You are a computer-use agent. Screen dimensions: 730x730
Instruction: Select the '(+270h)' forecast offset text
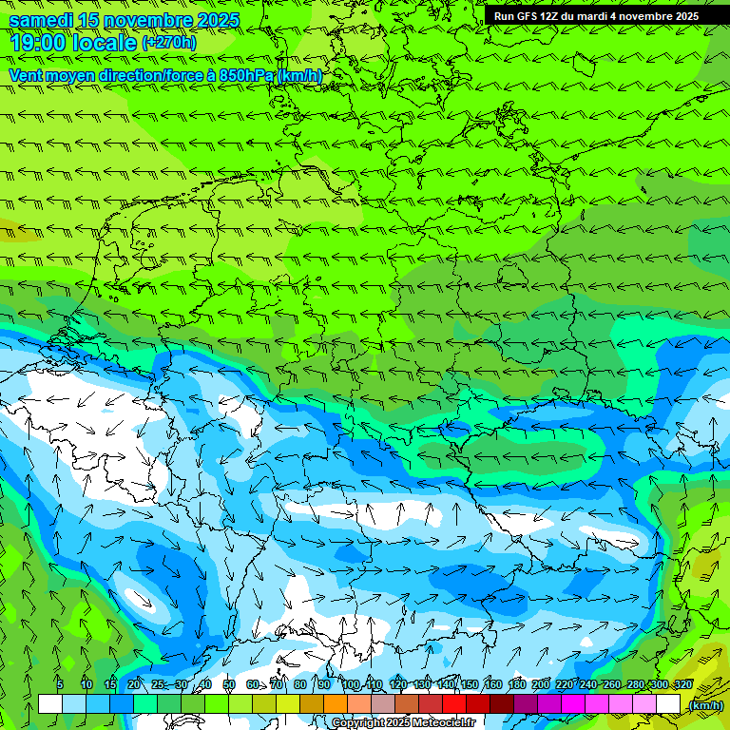pos(169,42)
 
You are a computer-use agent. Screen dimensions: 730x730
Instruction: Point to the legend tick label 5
pos(60,685)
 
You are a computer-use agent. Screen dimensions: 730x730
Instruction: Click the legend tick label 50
pos(228,685)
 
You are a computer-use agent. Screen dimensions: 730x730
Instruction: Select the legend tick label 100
pos(351,685)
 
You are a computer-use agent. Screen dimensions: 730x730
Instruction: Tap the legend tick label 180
pos(516,685)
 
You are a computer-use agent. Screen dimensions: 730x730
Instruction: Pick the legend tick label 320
pos(683,685)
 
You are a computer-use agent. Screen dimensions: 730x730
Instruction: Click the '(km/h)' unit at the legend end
pos(704,705)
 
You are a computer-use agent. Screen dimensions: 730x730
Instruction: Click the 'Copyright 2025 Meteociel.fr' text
pos(403,723)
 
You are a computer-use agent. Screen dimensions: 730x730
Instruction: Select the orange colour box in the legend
pos(336,703)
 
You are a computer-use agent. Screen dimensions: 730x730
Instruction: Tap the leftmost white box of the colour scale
pos(50,703)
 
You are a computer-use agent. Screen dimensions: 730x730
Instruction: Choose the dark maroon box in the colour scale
pos(502,703)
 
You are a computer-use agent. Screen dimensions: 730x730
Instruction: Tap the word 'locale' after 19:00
pos(106,42)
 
